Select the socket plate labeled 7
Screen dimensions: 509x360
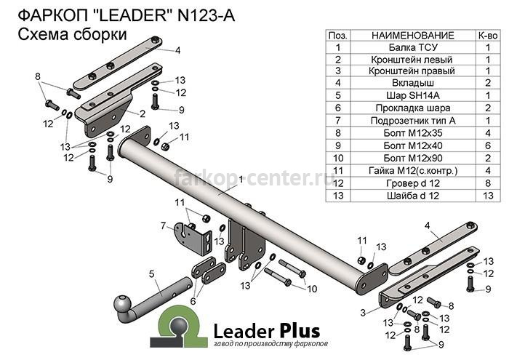pyautogui.click(x=193, y=239)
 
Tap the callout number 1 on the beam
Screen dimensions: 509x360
pyautogui.click(x=241, y=179)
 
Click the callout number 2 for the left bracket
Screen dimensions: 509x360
pyautogui.click(x=143, y=113)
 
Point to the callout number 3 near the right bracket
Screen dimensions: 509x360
pyautogui.click(x=363, y=313)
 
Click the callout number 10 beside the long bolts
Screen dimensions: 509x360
pyautogui.click(x=312, y=289)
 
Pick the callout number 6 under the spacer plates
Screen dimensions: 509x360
pyautogui.click(x=193, y=301)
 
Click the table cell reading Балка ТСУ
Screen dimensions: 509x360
pyautogui.click(x=413, y=47)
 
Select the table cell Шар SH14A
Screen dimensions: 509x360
pyautogui.click(x=413, y=95)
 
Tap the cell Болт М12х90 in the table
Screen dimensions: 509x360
pyautogui.click(x=413, y=158)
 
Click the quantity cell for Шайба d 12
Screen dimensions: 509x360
pyautogui.click(x=488, y=196)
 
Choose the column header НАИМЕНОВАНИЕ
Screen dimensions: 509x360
pyautogui.click(x=413, y=36)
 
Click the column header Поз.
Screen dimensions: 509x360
pyautogui.click(x=338, y=36)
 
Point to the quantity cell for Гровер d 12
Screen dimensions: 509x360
pyautogui.click(x=488, y=183)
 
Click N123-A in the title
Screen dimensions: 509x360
pyautogui.click(x=206, y=16)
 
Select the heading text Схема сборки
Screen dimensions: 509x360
pyautogui.click(x=72, y=34)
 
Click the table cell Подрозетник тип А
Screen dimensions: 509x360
pyautogui.click(x=413, y=121)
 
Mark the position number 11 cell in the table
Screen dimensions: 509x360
pyautogui.click(x=338, y=171)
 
